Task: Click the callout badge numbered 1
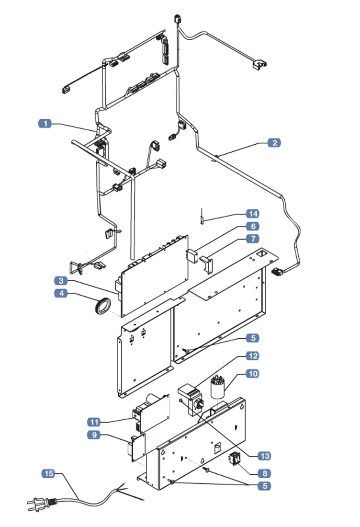45,124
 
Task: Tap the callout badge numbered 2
274,143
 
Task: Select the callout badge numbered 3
60,280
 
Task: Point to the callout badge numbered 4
60,293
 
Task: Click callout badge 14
252,213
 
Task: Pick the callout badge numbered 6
252,226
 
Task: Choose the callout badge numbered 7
252,238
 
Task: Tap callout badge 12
252,356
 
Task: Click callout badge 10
252,373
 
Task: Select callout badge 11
94,422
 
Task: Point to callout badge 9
94,435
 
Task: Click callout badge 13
264,456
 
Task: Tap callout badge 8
264,473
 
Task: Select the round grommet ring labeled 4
102,306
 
